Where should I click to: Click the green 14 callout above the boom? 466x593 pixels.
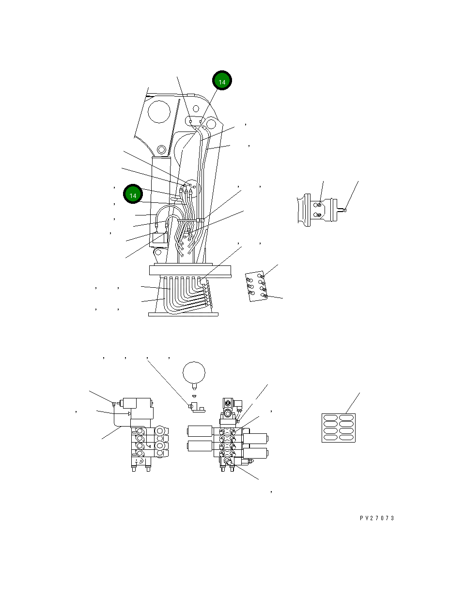[222, 80]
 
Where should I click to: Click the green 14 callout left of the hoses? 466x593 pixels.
[133, 194]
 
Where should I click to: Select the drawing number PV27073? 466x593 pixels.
[377, 518]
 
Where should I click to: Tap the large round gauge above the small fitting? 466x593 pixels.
[194, 373]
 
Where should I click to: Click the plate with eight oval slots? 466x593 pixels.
[339, 428]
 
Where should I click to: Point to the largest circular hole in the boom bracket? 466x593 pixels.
[159, 112]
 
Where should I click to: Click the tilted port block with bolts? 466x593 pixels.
[256, 286]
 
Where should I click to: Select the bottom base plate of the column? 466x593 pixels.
[183, 314]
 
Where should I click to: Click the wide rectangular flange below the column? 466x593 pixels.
[190, 270]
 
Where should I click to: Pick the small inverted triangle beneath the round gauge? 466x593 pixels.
[194, 396]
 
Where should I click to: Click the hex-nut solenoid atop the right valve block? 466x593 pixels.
[228, 404]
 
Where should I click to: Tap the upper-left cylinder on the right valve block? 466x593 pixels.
[200, 431]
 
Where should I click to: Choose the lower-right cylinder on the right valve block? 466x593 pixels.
[255, 453]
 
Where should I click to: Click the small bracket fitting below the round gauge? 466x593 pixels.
[196, 407]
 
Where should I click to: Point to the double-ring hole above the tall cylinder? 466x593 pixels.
[162, 150]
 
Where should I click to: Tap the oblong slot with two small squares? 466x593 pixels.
[195, 121]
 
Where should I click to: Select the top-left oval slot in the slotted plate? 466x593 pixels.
[330, 418]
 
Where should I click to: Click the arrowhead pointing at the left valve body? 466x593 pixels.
[129, 413]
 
